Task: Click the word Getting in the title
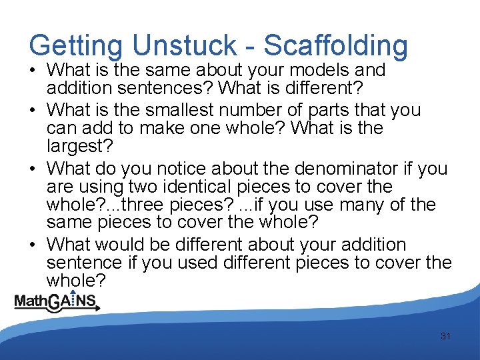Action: coord(75,46)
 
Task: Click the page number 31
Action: coord(445,336)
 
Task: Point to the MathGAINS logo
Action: coord(57,302)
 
